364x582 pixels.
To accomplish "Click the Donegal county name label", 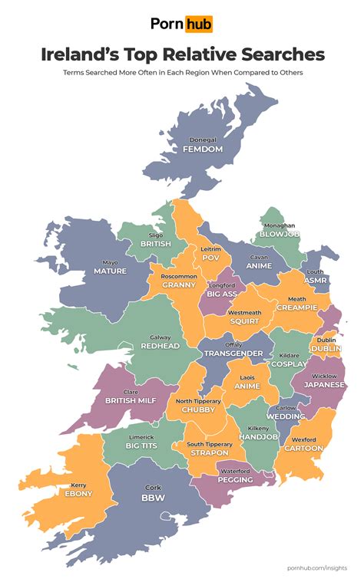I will [203, 140].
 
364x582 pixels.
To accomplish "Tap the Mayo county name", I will [110, 261].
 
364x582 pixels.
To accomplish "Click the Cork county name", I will [153, 488].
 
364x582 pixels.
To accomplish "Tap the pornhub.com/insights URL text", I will [316, 567].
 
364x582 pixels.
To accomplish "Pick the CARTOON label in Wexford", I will [303, 448].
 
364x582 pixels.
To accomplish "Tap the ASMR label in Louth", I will [315, 281].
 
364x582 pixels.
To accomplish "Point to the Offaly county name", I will [233, 344].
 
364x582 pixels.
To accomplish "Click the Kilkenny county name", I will [256, 427].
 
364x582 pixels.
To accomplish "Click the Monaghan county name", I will [279, 226].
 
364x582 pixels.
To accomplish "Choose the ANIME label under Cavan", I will [258, 265].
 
